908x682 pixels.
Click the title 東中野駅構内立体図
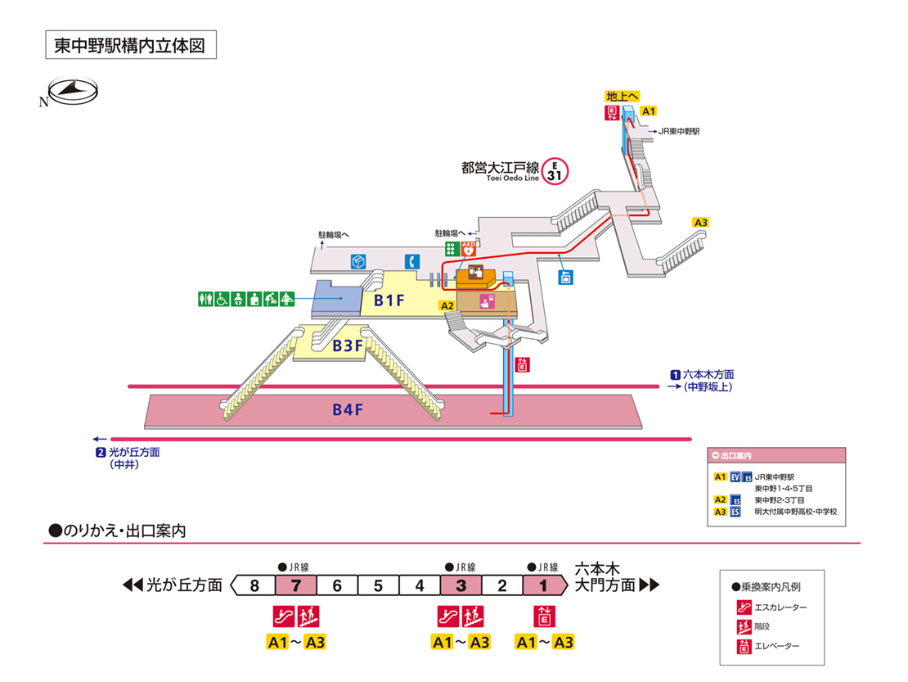(130, 45)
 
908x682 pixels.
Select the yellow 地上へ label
(623, 96)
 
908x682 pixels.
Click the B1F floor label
(389, 300)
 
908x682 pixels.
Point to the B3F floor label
(348, 346)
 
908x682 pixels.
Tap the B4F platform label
(348, 410)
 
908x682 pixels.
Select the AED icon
(470, 247)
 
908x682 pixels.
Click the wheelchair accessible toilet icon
(221, 300)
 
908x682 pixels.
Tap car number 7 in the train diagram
(296, 585)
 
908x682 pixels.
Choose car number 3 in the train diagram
(461, 585)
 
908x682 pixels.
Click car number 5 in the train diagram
(379, 585)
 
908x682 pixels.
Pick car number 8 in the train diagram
(254, 585)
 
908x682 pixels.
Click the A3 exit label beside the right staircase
(700, 223)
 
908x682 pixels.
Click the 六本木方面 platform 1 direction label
(703, 375)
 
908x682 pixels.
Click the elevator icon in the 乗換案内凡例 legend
(744, 647)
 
